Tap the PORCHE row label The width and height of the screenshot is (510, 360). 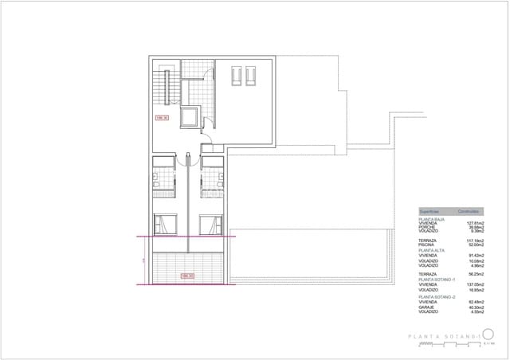tap(426, 227)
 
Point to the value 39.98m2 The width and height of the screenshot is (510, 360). tap(476, 227)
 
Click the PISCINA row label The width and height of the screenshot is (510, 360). tap(426, 245)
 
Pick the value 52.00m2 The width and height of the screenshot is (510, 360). tap(476, 245)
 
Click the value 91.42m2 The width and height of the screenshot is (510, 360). tap(476, 255)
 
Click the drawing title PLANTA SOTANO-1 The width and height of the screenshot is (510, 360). tap(444, 337)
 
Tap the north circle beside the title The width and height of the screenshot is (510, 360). tap(489, 333)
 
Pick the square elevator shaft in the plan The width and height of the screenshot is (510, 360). tap(190, 117)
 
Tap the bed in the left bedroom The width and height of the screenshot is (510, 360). tap(165, 224)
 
